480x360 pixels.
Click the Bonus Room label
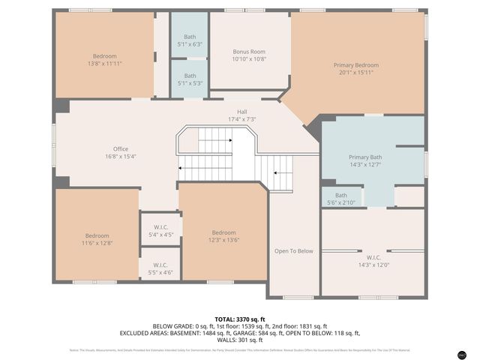pos(249,50)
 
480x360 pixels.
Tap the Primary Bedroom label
pos(358,65)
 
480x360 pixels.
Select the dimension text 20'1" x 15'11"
pos(358,73)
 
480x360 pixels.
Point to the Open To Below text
pos(294,251)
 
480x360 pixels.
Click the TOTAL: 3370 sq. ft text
pos(239,319)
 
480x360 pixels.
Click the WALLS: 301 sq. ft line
pos(239,339)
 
